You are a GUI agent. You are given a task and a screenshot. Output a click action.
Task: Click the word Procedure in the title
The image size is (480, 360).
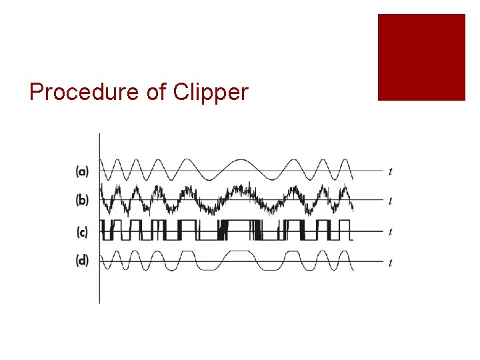point(85,93)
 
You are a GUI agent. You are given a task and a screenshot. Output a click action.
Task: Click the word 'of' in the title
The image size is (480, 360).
point(155,92)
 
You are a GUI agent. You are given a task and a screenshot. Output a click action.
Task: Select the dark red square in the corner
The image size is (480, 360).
point(421,57)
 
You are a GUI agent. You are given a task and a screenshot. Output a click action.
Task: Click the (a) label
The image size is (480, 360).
point(82,171)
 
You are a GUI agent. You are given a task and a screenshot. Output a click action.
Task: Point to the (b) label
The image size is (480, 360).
point(82,199)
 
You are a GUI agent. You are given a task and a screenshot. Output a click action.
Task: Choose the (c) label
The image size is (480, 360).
point(82,232)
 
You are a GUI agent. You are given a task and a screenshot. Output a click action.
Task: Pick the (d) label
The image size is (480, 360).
point(82,261)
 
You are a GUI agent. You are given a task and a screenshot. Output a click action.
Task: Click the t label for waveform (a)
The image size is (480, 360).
point(390,172)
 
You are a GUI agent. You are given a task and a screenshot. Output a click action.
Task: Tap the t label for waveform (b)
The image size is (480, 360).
point(390,201)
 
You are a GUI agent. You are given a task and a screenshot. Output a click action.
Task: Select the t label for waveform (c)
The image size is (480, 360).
point(390,232)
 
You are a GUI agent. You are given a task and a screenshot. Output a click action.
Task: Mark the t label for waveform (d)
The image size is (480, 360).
point(390,263)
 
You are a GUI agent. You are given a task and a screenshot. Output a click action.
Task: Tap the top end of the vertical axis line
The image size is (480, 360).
point(99,133)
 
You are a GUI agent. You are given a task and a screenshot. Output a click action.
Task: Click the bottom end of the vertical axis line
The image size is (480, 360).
point(99,303)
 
